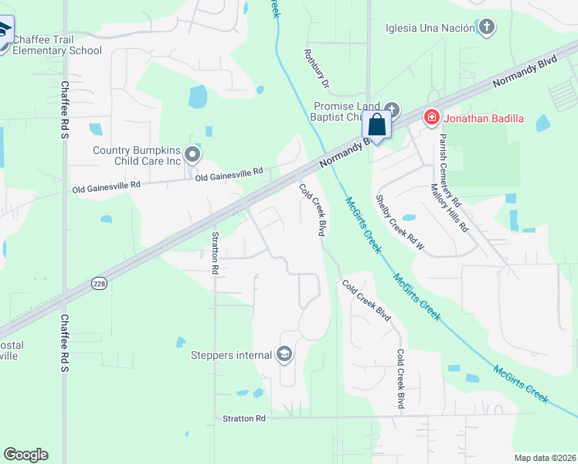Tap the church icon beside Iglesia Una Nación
(486, 29)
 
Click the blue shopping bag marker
(376, 125)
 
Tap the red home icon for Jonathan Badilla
(430, 118)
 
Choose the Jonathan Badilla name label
(483, 118)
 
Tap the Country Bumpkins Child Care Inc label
(136, 155)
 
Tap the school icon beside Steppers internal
(284, 355)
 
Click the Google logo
(25, 455)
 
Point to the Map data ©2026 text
(545, 458)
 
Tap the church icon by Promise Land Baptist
(392, 109)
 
